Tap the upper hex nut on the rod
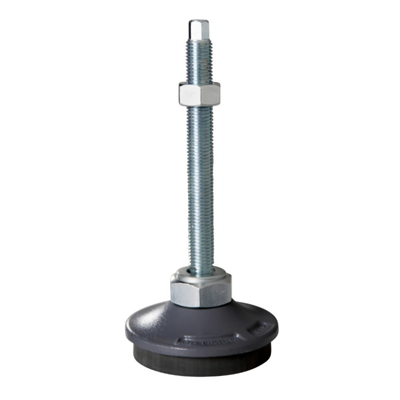[199, 94]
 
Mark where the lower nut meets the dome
[201, 306]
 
